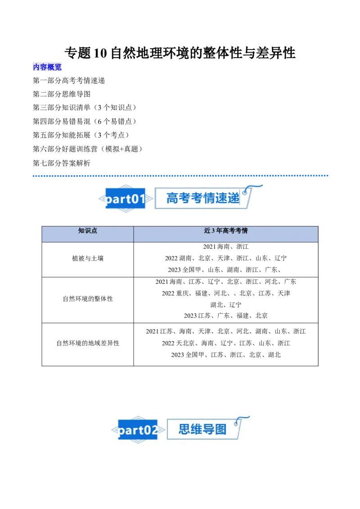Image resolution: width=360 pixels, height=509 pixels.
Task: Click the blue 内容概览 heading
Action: pyautogui.click(x=48, y=67)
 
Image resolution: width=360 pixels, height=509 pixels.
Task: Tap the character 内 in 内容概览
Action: pyautogui.click(x=36, y=67)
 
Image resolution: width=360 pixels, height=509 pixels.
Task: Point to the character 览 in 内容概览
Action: pyautogui.click(x=58, y=67)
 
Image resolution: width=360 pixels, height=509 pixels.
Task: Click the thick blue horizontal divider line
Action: pyautogui.click(x=181, y=176)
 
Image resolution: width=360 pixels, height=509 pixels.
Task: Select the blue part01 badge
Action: pyautogui.click(x=125, y=199)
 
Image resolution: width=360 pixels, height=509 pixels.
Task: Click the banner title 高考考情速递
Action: pyautogui.click(x=203, y=198)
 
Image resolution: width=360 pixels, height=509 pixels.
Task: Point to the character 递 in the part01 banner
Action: pyautogui.click(x=234, y=198)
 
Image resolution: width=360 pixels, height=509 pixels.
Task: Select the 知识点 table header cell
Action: pyautogui.click(x=88, y=231)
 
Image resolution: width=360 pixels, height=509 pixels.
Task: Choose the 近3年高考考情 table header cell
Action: pyautogui.click(x=226, y=231)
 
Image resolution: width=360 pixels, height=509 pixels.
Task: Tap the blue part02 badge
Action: pyautogui.click(x=138, y=430)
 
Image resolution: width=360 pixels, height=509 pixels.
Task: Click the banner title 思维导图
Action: pyautogui.click(x=202, y=429)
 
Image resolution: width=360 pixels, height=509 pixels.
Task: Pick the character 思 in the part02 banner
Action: pyautogui.click(x=184, y=429)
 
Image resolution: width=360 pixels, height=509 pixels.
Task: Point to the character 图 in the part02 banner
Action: pyautogui.click(x=220, y=429)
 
